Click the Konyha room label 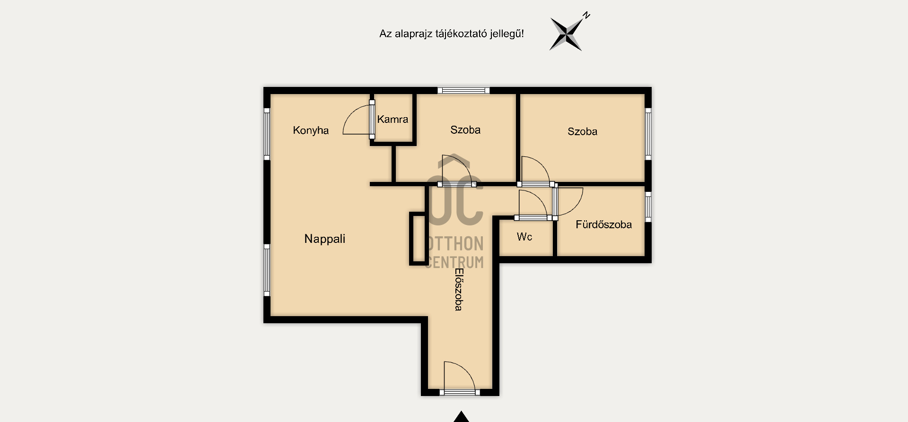point(311,130)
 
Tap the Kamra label point(393,119)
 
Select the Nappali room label point(325,239)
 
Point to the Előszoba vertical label point(458,289)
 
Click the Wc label point(524,237)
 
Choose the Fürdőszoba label point(603,224)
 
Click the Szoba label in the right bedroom point(582,131)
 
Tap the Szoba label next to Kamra point(465,130)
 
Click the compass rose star point(566,34)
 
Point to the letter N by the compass point(586,16)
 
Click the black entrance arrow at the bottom point(461,417)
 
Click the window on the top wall point(463,90)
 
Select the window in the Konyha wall point(267,134)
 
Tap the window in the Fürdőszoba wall point(648,207)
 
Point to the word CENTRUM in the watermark point(454,262)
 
